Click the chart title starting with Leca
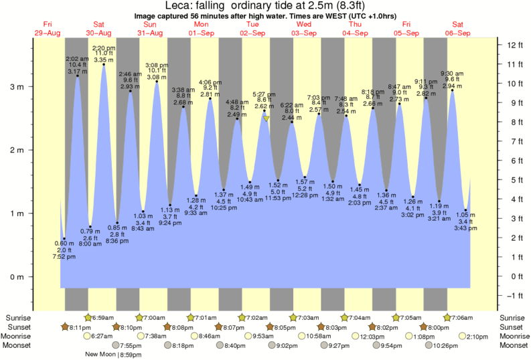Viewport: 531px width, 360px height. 265,7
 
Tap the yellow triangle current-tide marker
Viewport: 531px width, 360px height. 266,118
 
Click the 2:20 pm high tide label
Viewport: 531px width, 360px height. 103,48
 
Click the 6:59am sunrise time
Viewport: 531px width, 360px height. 104,317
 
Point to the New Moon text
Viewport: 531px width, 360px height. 101,355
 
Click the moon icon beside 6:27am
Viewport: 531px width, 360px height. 86,336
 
